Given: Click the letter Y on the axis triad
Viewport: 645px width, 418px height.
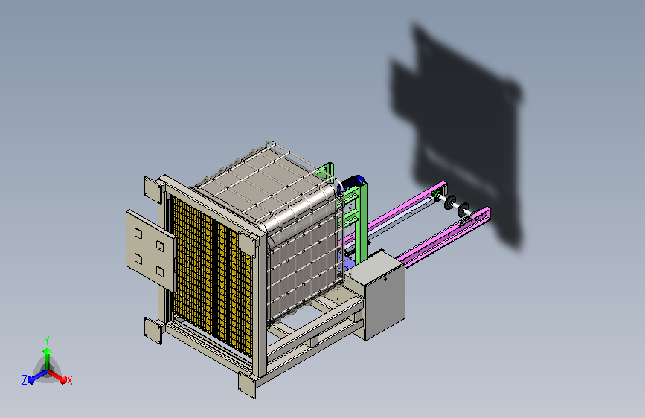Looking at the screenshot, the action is (x=47, y=341).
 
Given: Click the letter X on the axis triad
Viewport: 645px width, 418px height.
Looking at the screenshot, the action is (x=70, y=381).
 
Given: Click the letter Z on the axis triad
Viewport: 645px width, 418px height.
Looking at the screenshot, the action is (x=25, y=380).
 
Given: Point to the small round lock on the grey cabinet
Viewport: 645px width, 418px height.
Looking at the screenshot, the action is (x=385, y=280).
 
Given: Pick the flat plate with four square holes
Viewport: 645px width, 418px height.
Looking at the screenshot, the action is (x=150, y=250).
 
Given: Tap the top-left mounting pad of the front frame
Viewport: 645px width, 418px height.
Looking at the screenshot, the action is (x=153, y=190).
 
